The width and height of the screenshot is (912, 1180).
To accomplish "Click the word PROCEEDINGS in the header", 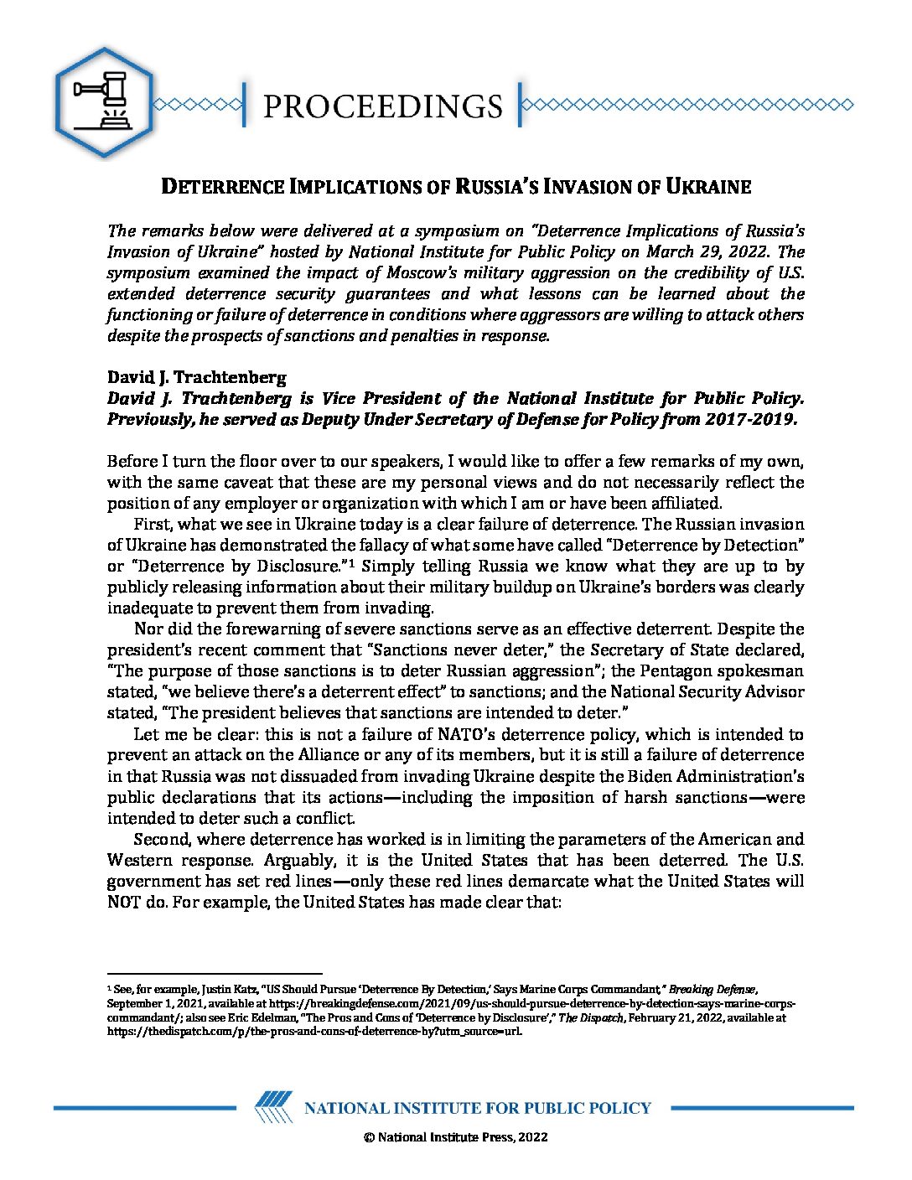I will coord(382,106).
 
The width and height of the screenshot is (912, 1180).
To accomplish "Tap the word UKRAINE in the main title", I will coord(708,187).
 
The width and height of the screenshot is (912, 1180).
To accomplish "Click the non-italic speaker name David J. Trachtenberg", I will coord(196,377).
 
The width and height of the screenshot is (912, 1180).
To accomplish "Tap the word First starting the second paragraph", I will coord(152,525).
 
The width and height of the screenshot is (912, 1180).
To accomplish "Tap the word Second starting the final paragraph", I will coord(161,840).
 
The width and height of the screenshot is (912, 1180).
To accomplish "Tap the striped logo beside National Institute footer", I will coord(273,1107).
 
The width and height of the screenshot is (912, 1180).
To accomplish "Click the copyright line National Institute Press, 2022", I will coord(456,1137).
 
